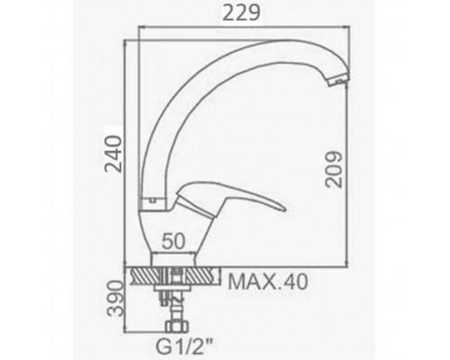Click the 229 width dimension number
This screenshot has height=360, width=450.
click(241, 13)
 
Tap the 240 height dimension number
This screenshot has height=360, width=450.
click(113, 154)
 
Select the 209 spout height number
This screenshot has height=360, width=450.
click(334, 170)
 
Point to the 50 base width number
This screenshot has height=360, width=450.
click(174, 241)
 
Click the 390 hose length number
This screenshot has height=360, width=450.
click(116, 298)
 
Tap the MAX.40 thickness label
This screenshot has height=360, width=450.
click(268, 282)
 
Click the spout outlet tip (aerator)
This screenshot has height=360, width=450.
click(338, 80)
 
